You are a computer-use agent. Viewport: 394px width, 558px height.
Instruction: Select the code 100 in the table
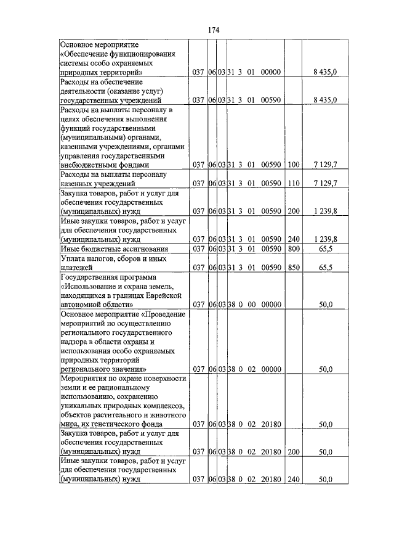pyautogui.click(x=293, y=165)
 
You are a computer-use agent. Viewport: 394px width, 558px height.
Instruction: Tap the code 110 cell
pyautogui.click(x=293, y=184)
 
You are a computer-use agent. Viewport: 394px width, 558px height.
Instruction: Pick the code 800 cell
pyautogui.click(x=293, y=248)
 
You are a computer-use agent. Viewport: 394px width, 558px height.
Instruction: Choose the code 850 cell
pyautogui.click(x=293, y=268)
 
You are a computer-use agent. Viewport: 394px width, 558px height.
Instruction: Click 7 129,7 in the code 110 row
pyautogui.click(x=325, y=184)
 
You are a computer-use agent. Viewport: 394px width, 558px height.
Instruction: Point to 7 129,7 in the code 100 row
pyautogui.click(x=325, y=165)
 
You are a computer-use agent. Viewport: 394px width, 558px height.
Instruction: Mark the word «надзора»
pyautogui.click(x=75, y=341)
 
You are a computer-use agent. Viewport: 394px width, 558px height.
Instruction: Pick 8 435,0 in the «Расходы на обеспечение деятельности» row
pyautogui.click(x=325, y=99)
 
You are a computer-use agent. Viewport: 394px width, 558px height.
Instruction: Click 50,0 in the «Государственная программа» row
pyautogui.click(x=326, y=305)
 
